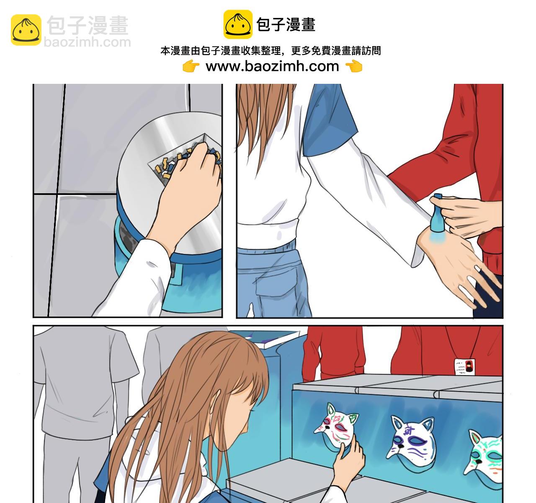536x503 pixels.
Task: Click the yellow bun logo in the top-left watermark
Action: point(26,30)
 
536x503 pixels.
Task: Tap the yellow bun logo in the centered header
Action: point(238,24)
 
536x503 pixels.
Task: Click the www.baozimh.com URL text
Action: point(272,66)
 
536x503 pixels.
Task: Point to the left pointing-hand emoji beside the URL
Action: point(191,67)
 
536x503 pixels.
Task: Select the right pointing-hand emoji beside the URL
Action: point(354,67)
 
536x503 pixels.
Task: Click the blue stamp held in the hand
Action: point(436,213)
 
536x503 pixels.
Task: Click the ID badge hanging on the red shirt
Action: point(464,366)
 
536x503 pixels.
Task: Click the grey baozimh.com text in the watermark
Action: point(87,42)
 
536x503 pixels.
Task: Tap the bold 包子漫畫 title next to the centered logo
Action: point(286,25)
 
